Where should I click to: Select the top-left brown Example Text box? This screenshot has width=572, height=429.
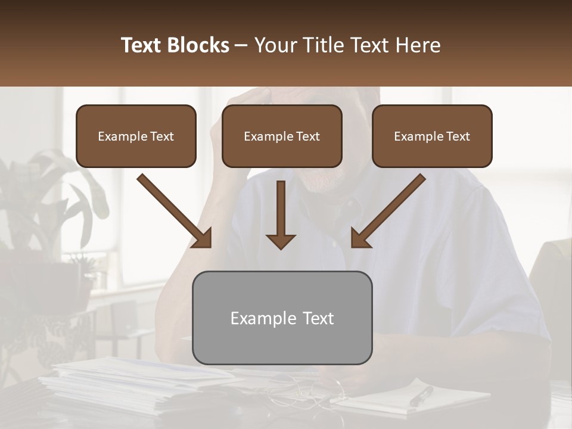click(136, 136)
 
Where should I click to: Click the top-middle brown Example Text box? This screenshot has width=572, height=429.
click(282, 136)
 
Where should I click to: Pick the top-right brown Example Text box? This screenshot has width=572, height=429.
click(432, 136)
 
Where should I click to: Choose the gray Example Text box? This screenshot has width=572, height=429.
click(282, 318)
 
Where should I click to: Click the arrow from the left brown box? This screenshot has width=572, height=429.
click(176, 212)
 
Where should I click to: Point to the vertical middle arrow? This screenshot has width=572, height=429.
click(281, 214)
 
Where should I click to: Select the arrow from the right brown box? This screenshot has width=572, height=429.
click(387, 212)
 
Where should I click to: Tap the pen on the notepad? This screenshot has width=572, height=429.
click(422, 396)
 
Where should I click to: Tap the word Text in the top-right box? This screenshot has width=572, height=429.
click(458, 136)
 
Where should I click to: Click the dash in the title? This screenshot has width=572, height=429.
click(241, 45)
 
